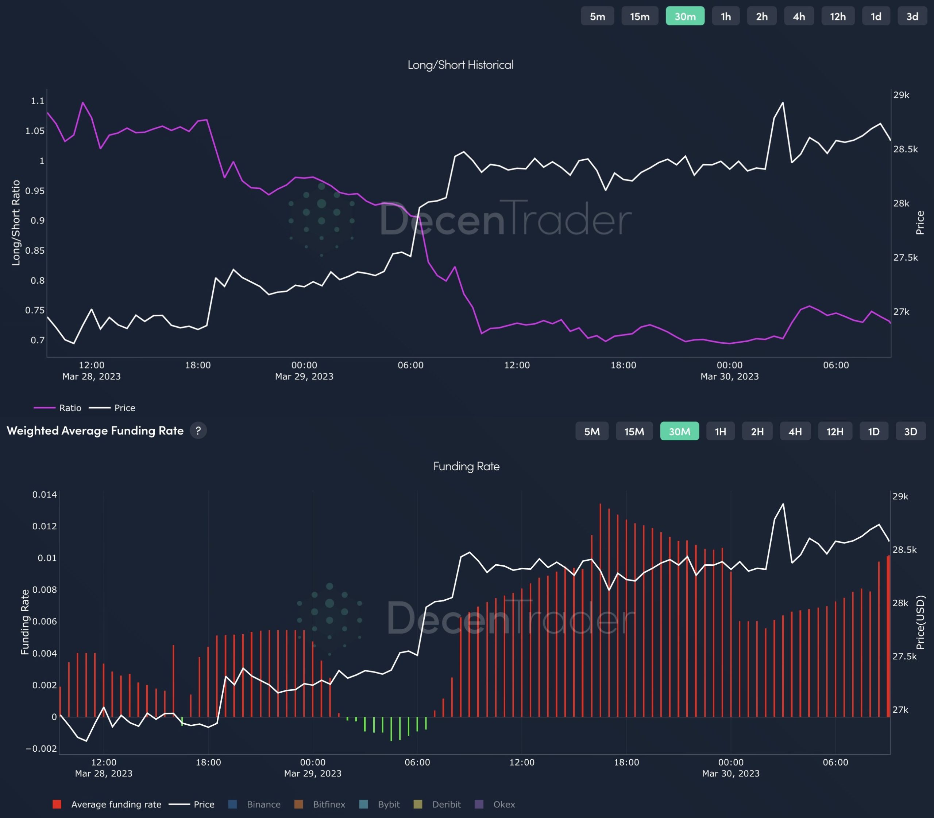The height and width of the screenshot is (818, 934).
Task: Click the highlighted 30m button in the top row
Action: click(684, 16)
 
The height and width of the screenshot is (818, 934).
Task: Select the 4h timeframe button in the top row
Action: click(799, 16)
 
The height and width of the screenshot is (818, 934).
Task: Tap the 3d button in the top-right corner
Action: click(912, 16)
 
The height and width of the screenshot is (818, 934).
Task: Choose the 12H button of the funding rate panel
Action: click(834, 431)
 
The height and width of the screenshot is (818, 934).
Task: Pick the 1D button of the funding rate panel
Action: click(873, 431)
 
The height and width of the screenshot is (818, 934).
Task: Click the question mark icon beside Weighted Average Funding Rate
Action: click(198, 431)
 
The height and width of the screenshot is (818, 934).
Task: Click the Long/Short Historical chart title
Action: click(460, 65)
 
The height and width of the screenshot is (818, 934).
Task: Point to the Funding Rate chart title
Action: click(466, 466)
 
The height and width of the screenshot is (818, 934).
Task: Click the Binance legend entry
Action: click(255, 804)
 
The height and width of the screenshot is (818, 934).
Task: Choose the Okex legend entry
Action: click(495, 804)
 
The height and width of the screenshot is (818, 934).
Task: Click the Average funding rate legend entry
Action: click(107, 804)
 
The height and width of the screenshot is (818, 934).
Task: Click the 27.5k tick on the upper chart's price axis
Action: click(905, 257)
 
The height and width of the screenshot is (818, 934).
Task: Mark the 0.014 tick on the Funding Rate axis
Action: click(44, 494)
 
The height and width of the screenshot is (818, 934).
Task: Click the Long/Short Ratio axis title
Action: click(16, 223)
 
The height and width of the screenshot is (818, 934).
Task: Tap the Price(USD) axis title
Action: click(920, 624)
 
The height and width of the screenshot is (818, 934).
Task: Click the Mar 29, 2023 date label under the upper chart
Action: click(304, 376)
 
